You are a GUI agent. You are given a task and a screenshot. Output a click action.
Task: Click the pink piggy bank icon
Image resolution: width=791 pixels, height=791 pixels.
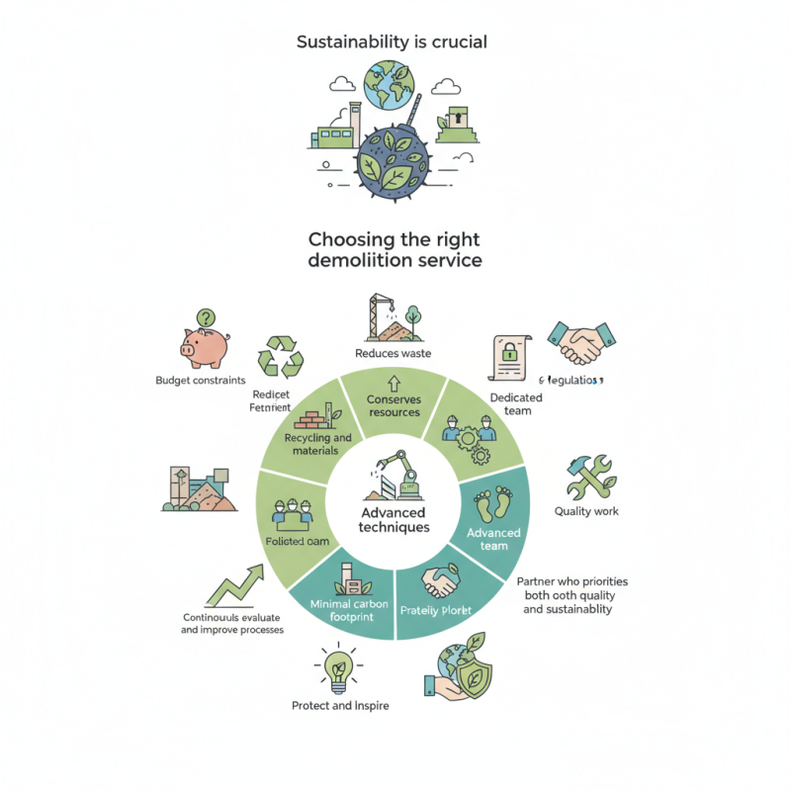pos(205,339)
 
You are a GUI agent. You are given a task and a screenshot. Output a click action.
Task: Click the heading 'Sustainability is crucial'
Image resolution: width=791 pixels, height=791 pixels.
pos(393,43)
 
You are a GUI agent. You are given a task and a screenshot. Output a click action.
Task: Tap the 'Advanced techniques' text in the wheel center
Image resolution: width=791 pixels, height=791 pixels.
pos(394,520)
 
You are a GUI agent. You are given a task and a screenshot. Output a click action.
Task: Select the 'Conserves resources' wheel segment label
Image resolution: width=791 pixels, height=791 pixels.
pos(394,405)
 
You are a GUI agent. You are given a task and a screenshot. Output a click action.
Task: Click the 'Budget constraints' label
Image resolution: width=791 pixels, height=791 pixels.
pos(201,381)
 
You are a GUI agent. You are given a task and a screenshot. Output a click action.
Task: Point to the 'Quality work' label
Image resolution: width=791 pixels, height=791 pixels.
pos(586,511)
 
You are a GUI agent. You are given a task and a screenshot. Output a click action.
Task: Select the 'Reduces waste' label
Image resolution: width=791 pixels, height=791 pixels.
pos(393,353)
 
